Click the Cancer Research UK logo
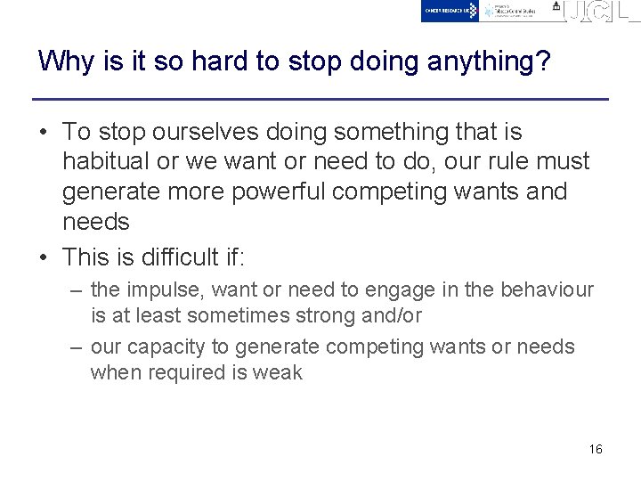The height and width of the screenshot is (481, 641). (450, 11)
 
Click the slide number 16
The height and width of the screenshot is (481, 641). (596, 449)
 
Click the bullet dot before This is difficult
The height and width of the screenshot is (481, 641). (44, 258)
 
